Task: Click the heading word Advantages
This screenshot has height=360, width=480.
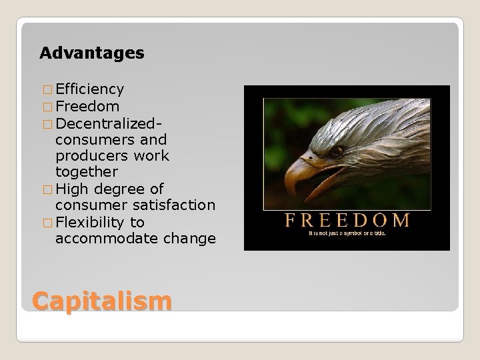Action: tap(91, 53)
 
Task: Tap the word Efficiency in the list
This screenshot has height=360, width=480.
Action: tap(89, 89)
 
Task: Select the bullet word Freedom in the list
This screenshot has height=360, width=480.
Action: tap(88, 106)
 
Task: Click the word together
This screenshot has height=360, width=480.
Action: tap(87, 172)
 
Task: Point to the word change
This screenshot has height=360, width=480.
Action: tap(191, 239)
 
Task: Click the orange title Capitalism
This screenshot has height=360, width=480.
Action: tap(101, 301)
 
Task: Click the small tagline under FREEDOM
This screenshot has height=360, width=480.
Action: tap(347, 234)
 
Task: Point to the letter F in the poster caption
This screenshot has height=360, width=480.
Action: tap(290, 220)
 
